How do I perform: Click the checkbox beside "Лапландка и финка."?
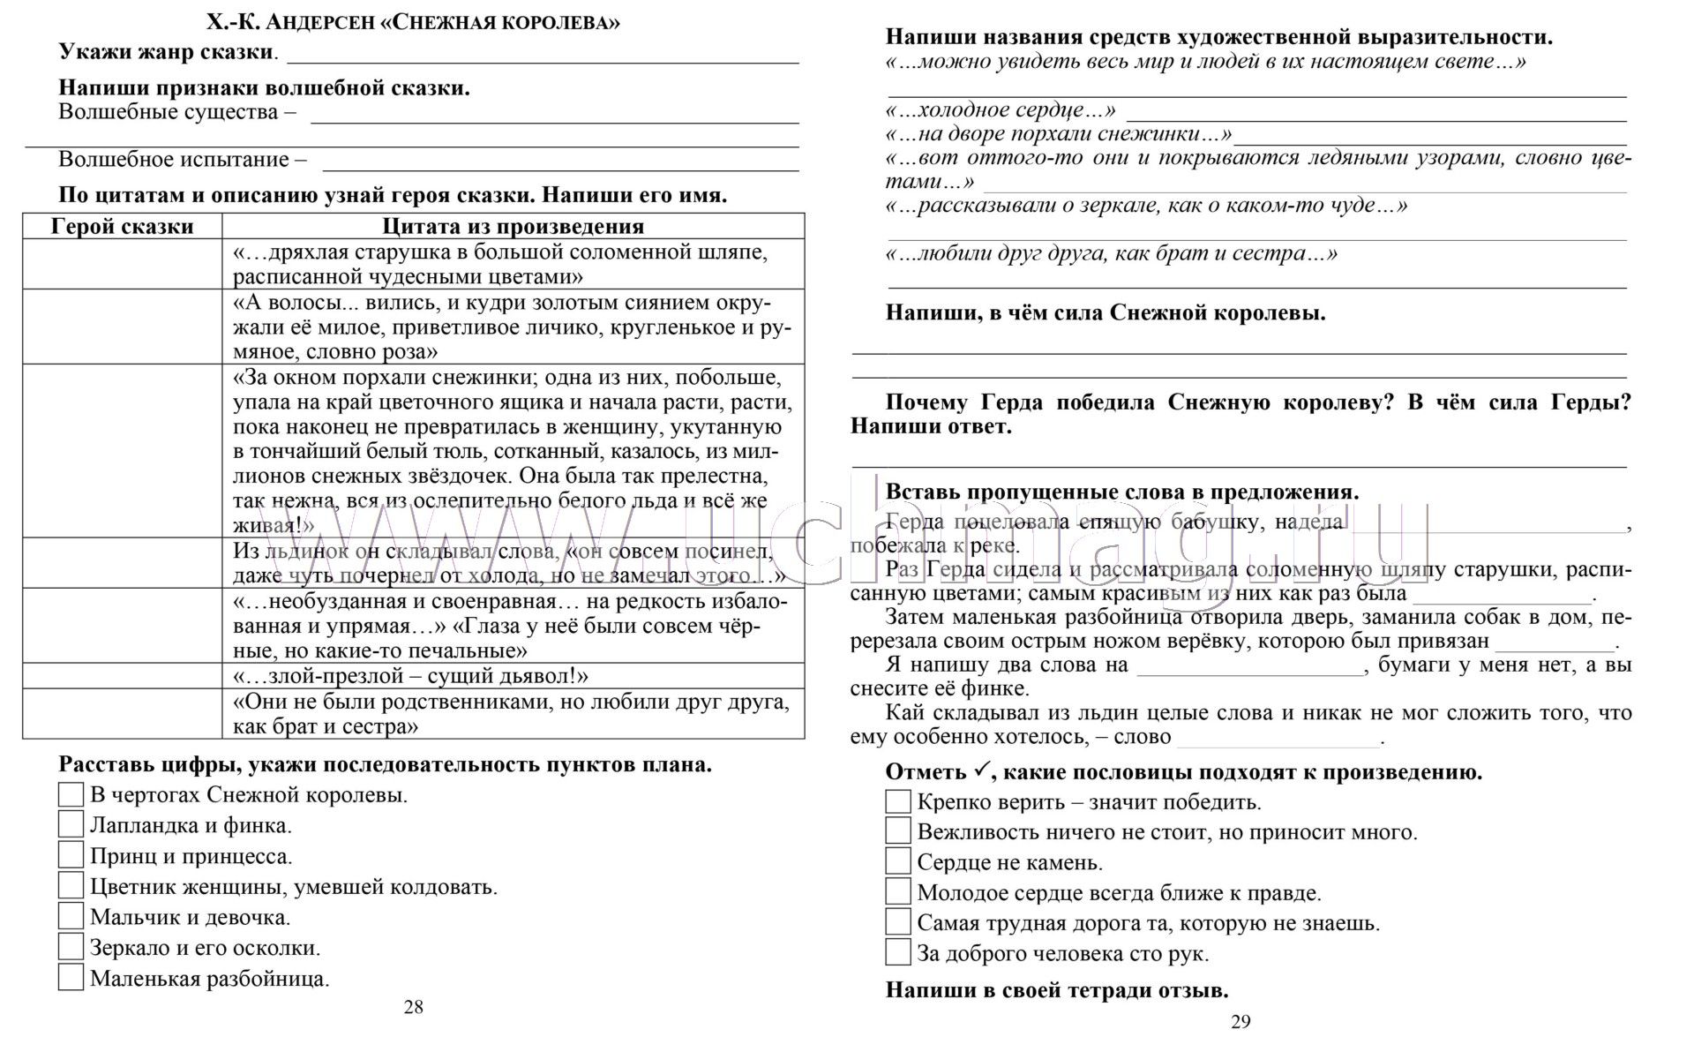coord(71,825)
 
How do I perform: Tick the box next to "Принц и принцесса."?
coord(71,855)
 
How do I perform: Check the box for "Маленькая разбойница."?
coord(71,977)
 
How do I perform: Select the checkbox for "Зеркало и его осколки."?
coord(71,947)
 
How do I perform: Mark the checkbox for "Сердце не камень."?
coord(897,861)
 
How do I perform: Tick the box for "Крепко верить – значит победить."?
coord(897,801)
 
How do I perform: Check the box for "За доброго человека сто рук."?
coord(897,952)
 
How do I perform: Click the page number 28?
coord(413,1007)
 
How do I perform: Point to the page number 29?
coord(1240,1022)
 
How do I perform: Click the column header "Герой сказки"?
coord(122,227)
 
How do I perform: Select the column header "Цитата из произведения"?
coord(513,227)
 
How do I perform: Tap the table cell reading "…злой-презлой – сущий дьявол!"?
coord(410,676)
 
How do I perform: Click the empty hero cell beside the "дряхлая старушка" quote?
coord(122,264)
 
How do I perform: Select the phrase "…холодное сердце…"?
coord(1000,110)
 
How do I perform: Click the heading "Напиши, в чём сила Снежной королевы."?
coord(1105,313)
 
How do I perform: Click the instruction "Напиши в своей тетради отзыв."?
coord(1056,990)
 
